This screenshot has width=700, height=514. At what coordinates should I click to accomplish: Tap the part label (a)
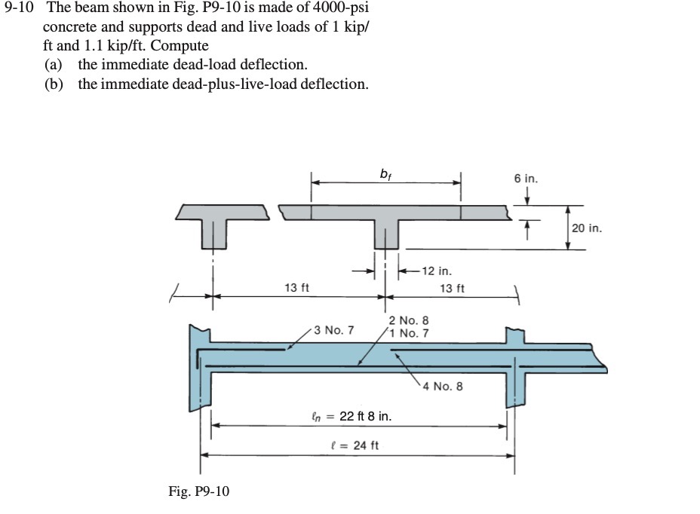pyautogui.click(x=54, y=65)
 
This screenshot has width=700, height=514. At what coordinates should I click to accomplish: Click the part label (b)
pyautogui.click(x=54, y=84)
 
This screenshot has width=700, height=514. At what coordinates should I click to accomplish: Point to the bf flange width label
pyautogui.click(x=386, y=174)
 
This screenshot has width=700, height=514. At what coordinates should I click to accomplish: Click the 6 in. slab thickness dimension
pyautogui.click(x=527, y=179)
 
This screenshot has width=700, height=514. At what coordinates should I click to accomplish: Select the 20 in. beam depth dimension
pyautogui.click(x=586, y=228)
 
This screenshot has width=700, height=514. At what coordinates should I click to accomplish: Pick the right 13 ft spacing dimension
pyautogui.click(x=452, y=289)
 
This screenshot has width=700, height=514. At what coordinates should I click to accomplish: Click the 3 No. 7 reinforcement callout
pyautogui.click(x=333, y=330)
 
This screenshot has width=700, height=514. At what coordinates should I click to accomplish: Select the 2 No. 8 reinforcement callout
pyautogui.click(x=413, y=321)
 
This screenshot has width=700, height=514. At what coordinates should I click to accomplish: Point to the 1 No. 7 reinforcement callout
pyautogui.click(x=413, y=333)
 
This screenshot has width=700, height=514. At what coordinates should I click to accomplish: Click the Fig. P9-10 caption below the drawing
pyautogui.click(x=198, y=492)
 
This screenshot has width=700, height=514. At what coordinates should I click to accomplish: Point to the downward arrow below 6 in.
pyautogui.click(x=527, y=197)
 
